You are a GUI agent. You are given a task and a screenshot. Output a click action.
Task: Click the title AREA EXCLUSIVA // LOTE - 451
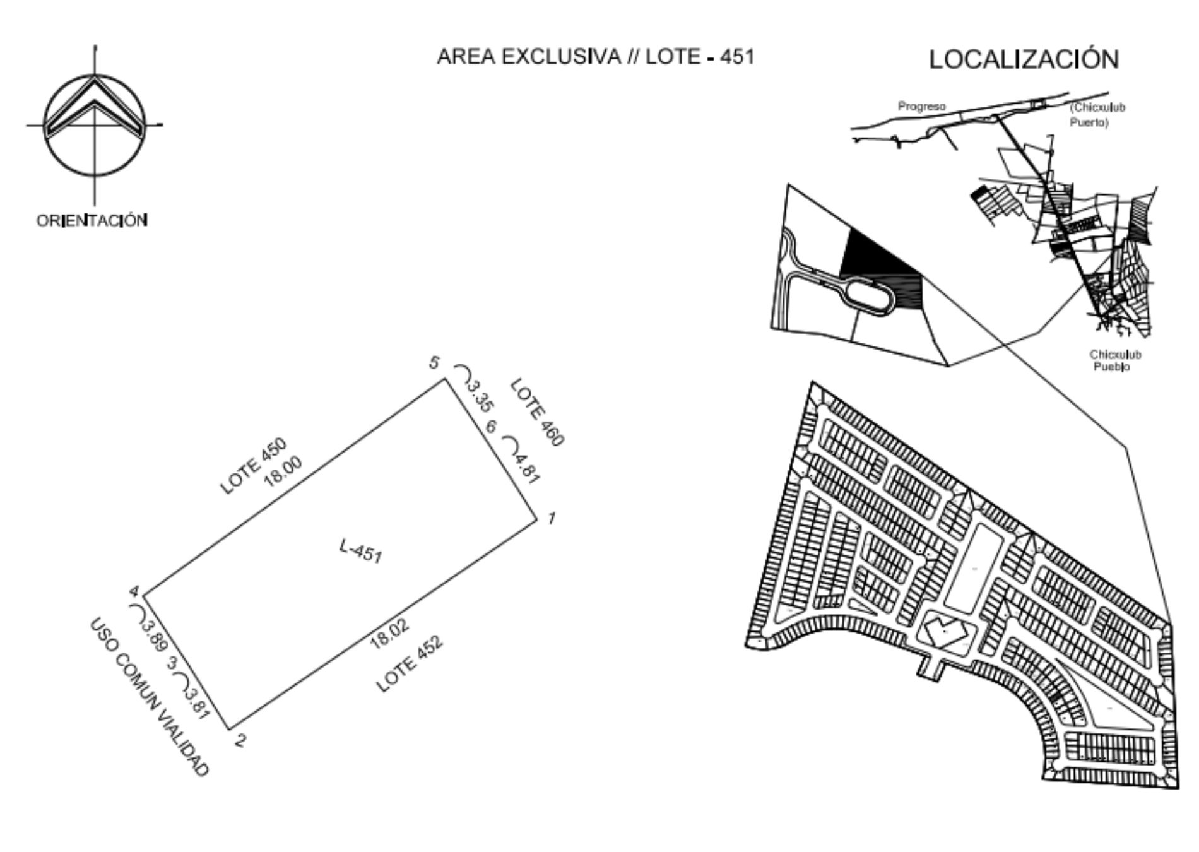coord(595,57)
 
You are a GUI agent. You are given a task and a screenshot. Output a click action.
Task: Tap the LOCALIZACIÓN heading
coord(1024,59)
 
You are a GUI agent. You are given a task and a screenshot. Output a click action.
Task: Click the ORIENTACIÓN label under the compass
coord(92,220)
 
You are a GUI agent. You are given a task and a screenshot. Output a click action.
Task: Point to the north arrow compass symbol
coord(95,124)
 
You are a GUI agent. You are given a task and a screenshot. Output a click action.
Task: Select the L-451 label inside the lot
coord(360,550)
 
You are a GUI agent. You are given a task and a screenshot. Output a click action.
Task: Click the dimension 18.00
coord(283,471)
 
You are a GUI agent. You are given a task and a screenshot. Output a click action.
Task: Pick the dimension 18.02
coord(390,634)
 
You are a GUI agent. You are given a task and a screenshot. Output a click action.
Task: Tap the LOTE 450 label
coord(253,466)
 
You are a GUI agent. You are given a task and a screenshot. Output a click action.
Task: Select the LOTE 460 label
coord(536,412)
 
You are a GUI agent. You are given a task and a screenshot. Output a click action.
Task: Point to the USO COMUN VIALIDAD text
coord(149,697)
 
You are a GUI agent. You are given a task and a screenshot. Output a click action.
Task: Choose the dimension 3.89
coord(154,637)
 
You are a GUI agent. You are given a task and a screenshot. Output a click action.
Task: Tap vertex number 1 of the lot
coord(552,518)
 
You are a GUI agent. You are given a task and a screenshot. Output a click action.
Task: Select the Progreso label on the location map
coord(921,106)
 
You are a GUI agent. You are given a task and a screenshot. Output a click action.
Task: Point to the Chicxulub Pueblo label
coord(1114,360)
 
